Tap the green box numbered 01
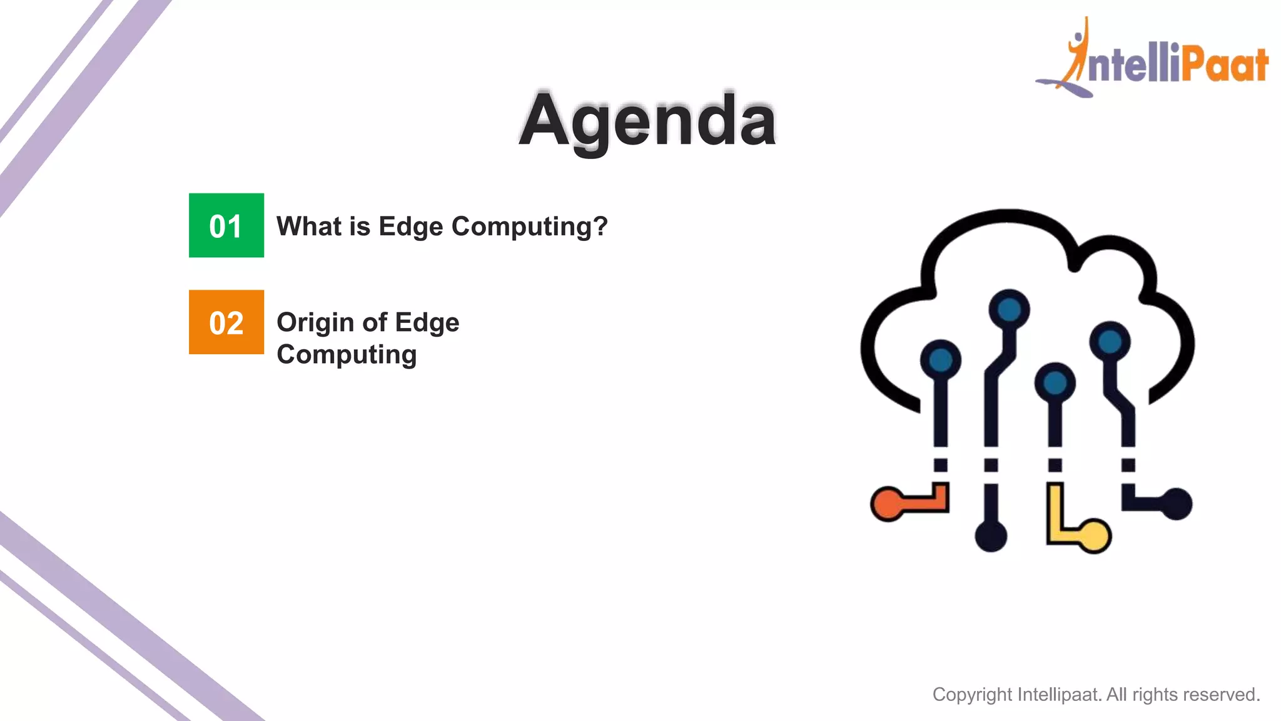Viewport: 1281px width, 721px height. [226, 225]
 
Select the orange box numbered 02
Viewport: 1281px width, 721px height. [226, 322]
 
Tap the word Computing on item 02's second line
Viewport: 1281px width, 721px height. [347, 354]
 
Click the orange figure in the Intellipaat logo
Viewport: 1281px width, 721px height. [1077, 53]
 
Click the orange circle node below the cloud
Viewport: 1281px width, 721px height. [888, 504]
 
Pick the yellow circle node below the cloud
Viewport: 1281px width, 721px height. [1095, 536]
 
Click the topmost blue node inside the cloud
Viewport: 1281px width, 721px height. [1009, 309]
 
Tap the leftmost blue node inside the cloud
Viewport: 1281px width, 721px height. [940, 360]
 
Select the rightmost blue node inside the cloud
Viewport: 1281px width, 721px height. [1110, 342]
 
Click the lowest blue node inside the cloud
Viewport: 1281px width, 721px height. [1055, 382]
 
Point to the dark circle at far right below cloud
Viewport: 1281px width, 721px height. [1176, 504]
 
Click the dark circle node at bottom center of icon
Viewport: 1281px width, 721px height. [991, 536]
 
